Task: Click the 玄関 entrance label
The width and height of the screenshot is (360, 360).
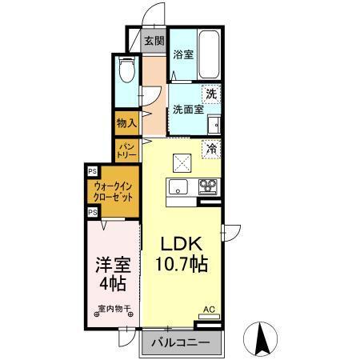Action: pos(154,42)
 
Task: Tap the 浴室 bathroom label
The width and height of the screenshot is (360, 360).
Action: pos(182,55)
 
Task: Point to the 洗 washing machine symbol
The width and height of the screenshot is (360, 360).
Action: pos(210,94)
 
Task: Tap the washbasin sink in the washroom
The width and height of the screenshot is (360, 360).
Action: pos(214,125)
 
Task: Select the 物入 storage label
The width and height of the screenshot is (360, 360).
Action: pos(126,123)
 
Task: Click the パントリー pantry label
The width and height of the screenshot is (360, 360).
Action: pos(126,149)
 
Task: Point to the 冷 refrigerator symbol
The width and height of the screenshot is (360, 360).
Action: pos(211,147)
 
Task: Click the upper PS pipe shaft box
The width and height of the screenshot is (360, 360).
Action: pos(92,171)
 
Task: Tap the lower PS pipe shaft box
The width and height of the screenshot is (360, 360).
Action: pos(92,211)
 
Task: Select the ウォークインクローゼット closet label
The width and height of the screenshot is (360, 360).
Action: pos(115,191)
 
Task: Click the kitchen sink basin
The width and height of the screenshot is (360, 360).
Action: pos(177,188)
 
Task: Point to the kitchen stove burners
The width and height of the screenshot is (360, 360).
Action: pos(208,188)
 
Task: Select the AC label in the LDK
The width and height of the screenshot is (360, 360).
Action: pos(209,308)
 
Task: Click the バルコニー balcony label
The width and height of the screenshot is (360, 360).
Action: pos(182,342)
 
